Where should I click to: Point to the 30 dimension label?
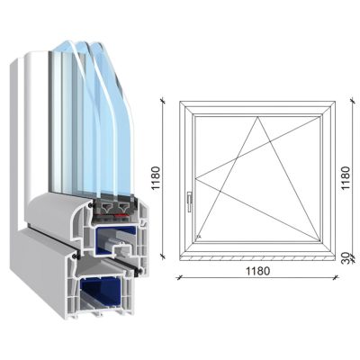(x=346, y=256)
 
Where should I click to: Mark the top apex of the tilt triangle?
(x=256, y=115)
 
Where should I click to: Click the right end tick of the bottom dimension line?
(x=335, y=276)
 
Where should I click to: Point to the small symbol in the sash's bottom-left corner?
(x=198, y=237)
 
